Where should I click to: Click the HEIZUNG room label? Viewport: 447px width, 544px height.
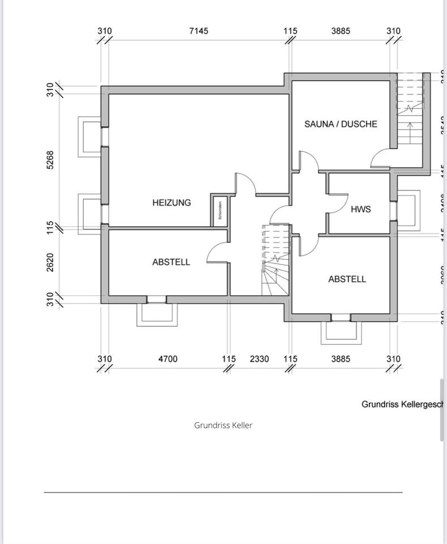pyautogui.click(x=171, y=202)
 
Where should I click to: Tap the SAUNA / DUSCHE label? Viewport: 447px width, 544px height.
pyautogui.click(x=341, y=124)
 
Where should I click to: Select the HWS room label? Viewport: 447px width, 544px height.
pyautogui.click(x=360, y=209)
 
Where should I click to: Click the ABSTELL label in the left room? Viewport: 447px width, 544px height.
pyautogui.click(x=171, y=262)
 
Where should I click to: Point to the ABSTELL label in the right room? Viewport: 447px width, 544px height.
pyautogui.click(x=347, y=279)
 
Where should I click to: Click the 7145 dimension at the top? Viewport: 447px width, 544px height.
pyautogui.click(x=198, y=31)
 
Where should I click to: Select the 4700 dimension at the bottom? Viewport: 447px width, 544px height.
pyautogui.click(x=167, y=359)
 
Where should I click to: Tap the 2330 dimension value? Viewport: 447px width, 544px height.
pyautogui.click(x=259, y=359)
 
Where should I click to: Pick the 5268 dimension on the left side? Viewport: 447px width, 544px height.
pyautogui.click(x=50, y=160)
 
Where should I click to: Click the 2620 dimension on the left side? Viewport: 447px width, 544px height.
pyautogui.click(x=50, y=262)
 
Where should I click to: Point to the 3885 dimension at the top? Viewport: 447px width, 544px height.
pyautogui.click(x=341, y=31)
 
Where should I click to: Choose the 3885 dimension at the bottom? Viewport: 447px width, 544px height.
pyautogui.click(x=341, y=359)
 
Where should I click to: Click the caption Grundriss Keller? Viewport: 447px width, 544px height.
pyautogui.click(x=223, y=425)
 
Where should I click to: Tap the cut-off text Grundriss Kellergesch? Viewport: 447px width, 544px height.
pyautogui.click(x=402, y=404)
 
